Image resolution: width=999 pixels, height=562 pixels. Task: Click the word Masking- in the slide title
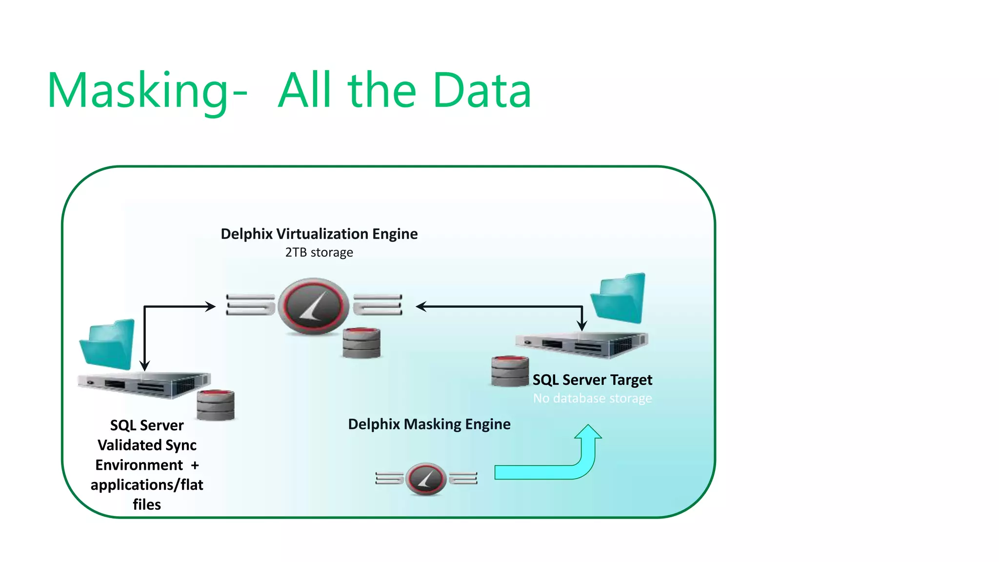(x=146, y=91)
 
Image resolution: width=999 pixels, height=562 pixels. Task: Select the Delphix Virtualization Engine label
(x=319, y=234)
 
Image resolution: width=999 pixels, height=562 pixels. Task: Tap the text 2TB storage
(x=319, y=253)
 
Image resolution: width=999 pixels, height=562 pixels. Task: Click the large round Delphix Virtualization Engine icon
(x=314, y=306)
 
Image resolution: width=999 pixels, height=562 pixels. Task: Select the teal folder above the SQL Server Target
(x=619, y=298)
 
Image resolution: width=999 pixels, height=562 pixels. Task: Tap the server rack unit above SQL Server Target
(x=583, y=345)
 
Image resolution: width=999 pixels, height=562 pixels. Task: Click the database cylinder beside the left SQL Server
(x=216, y=405)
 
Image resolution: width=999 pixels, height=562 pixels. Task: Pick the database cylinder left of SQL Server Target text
(x=510, y=371)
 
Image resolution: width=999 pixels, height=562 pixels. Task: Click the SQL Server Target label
(x=592, y=380)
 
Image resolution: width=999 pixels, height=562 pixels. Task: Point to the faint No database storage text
(x=592, y=399)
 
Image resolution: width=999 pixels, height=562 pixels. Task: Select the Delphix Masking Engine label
(x=429, y=424)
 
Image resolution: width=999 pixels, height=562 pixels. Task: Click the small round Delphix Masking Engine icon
(x=426, y=479)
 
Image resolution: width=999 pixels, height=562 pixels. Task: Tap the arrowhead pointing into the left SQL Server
(x=144, y=366)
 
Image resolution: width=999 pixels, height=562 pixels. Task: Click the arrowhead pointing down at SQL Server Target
(x=582, y=325)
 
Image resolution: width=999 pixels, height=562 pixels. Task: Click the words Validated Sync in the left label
(x=147, y=445)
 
